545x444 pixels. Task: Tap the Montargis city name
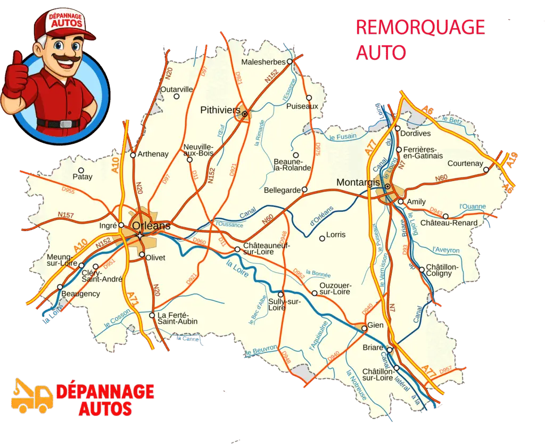coord(358,182)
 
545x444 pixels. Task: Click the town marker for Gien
coord(365,329)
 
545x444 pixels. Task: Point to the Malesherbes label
coord(263,62)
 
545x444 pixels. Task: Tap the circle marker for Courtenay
coord(486,170)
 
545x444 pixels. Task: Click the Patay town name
coord(82,177)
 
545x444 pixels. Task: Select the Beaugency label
coord(80,294)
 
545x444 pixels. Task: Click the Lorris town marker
coord(322,239)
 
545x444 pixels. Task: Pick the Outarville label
coord(176,89)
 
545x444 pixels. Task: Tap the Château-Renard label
coord(449,223)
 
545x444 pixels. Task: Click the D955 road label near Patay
coord(68,190)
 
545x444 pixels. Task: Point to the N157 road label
coord(65,215)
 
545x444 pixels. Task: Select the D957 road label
coord(445,370)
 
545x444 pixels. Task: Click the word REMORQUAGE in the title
coord(420,27)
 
